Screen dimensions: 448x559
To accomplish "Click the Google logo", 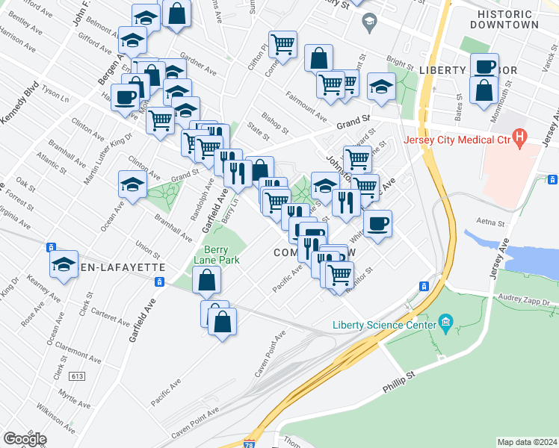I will pyautogui.click(x=25, y=438).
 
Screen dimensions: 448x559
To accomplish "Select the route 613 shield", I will pyautogui.click(x=75, y=377).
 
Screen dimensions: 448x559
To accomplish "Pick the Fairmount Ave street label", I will pyautogui.click(x=306, y=107).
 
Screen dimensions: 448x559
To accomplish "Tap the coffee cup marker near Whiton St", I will pyautogui.click(x=377, y=223).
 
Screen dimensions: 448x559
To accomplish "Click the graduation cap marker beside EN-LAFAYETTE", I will pyautogui.click(x=64, y=264).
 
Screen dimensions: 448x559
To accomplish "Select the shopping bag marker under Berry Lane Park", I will pyautogui.click(x=207, y=281).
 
